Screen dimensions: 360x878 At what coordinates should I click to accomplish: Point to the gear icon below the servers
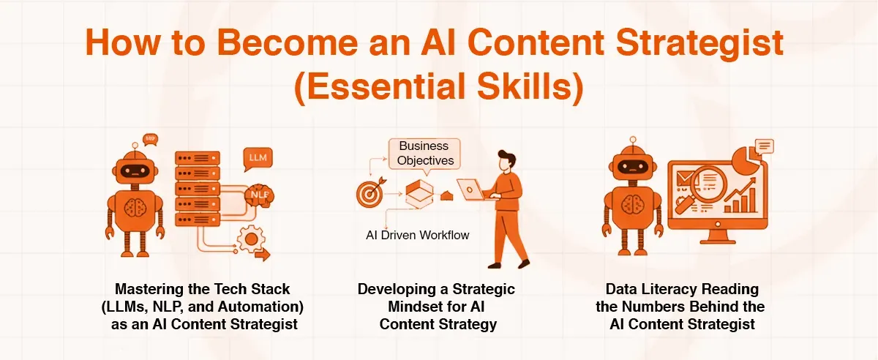click(252, 238)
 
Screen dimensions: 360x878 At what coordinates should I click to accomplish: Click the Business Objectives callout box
click(425, 153)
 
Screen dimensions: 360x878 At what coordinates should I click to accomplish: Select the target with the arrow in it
click(368, 193)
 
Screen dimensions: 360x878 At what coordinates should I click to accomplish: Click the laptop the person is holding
click(473, 190)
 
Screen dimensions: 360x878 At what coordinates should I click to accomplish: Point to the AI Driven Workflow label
click(418, 236)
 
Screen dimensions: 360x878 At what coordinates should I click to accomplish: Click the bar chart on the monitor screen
click(738, 201)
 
